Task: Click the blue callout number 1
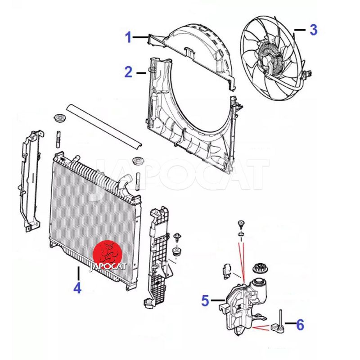pos(128,37)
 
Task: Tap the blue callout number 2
pos(129,72)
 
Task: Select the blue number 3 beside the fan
pos(313,30)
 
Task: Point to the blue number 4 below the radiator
pos(77,288)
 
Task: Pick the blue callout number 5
pos(205,300)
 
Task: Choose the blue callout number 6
pos(300,325)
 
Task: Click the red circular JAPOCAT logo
pos(108,255)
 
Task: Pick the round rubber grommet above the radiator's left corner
pos(60,118)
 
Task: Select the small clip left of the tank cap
pos(227,271)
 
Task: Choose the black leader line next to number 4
pos(78,273)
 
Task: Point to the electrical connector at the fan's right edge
pos(308,75)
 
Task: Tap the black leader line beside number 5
pos(218,300)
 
